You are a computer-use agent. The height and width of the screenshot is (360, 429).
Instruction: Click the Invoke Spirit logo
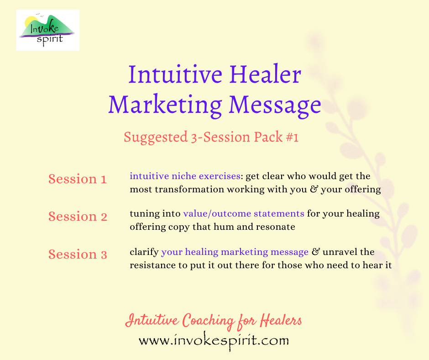pyautogui.click(x=47, y=30)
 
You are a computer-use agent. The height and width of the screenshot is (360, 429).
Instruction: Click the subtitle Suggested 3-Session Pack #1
pyautogui.click(x=211, y=137)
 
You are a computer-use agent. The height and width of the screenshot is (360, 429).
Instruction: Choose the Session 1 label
pyautogui.click(x=77, y=179)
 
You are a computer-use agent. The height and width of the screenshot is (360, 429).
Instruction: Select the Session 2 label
pyautogui.click(x=78, y=217)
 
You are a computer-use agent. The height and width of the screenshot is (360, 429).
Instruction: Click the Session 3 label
pyautogui.click(x=78, y=254)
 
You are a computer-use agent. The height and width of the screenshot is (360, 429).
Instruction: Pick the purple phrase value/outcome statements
pyautogui.click(x=244, y=213)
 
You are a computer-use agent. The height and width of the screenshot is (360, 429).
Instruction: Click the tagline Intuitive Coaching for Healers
pyautogui.click(x=213, y=321)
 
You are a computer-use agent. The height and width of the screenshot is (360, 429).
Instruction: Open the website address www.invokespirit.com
pyautogui.click(x=214, y=340)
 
